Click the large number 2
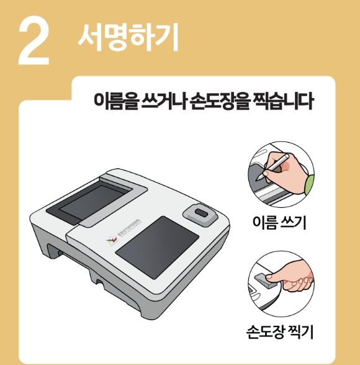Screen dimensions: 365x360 point(34,42)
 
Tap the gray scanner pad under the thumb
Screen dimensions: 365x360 point(261,281)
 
